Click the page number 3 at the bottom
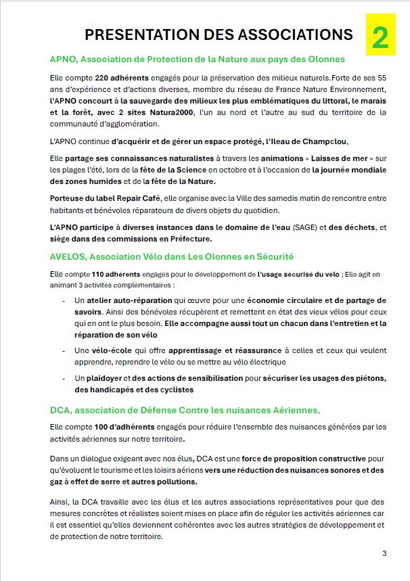[384, 554]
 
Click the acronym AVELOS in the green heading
[68, 256]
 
